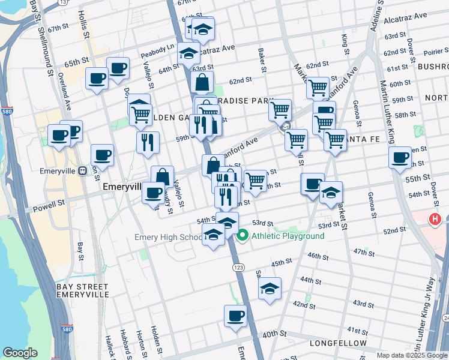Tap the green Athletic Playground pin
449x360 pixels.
pyautogui.click(x=243, y=236)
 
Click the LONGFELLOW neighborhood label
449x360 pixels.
pyautogui.click(x=338, y=343)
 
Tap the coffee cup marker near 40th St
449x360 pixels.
pyautogui.click(x=235, y=316)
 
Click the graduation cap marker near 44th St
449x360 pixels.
pyautogui.click(x=270, y=289)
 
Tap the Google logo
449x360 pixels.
pyautogui.click(x=20, y=353)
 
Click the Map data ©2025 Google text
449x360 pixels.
pyautogui.click(x=411, y=355)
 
